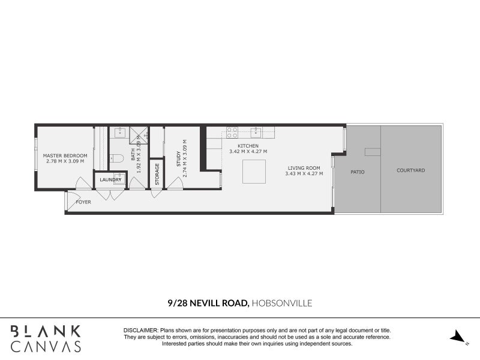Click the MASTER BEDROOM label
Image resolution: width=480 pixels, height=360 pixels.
click(65, 155)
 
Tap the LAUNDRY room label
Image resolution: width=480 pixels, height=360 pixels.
click(110, 179)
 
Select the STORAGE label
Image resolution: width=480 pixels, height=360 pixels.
click(157, 174)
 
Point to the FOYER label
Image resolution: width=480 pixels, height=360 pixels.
click(83, 202)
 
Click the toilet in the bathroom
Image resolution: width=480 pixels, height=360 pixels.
click(118, 158)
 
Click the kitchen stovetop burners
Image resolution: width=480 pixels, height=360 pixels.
click(232, 132)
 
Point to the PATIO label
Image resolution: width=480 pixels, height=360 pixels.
click(358, 172)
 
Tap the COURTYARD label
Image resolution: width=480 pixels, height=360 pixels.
click(410, 170)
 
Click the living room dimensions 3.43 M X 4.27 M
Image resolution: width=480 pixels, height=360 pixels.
click(304, 174)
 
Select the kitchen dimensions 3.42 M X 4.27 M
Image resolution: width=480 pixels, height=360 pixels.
click(248, 152)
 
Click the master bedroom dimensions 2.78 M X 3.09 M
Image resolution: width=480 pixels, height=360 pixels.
click(65, 161)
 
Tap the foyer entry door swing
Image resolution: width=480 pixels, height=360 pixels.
click(72, 200)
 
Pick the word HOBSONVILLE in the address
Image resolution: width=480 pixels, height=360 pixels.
click(282, 303)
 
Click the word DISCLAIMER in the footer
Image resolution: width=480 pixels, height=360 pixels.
click(140, 331)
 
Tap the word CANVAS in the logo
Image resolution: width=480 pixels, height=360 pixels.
click(46, 346)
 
